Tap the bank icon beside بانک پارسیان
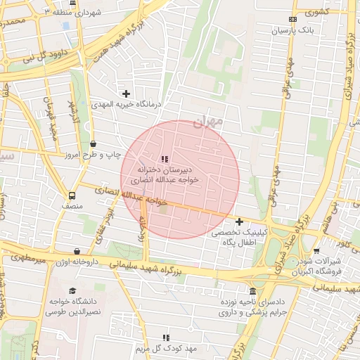click(292, 19)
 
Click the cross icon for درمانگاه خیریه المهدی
click(126, 93)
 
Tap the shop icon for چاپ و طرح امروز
click(93, 144)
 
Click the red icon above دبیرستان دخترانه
click(165, 159)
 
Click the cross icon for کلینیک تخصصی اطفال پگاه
click(239, 221)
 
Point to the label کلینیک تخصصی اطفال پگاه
click(238, 237)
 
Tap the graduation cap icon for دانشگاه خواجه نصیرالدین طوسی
click(72, 291)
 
